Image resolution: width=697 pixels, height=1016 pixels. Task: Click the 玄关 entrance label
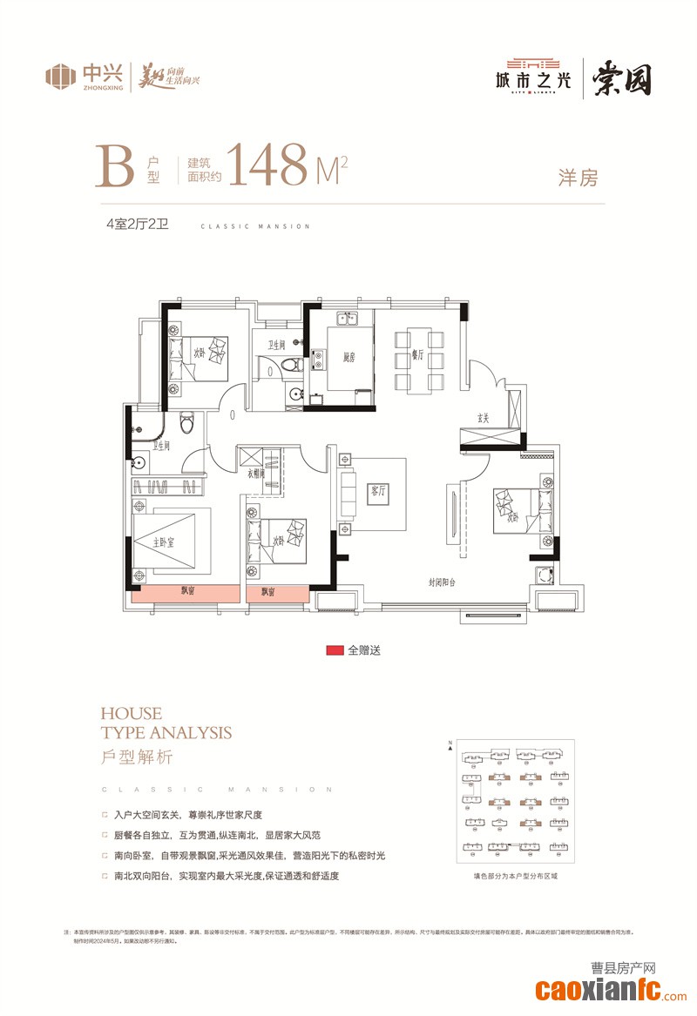[x=484, y=419]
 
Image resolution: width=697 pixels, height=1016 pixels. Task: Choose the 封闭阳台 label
[x=443, y=582]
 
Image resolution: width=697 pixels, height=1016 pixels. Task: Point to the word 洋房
[x=578, y=178]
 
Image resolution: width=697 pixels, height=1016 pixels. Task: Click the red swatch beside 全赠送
[x=334, y=650]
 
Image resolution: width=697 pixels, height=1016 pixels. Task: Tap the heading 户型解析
[x=137, y=757]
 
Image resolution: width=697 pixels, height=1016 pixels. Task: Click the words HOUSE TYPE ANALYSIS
[x=166, y=723]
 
